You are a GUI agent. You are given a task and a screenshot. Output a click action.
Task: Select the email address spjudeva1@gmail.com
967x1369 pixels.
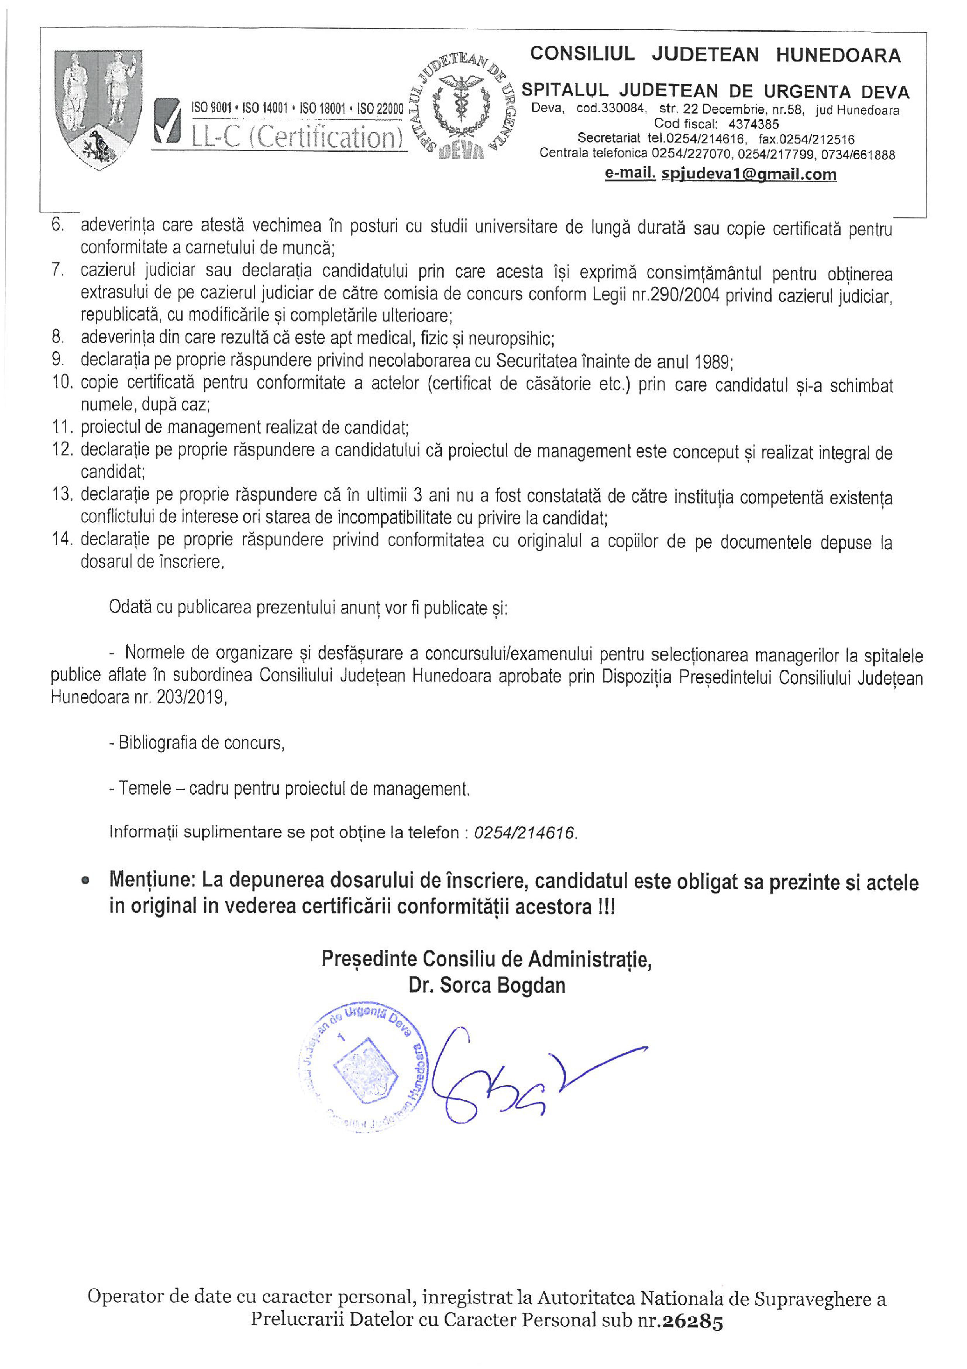click(x=749, y=174)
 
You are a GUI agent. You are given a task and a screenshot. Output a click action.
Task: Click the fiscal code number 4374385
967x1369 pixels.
click(x=754, y=124)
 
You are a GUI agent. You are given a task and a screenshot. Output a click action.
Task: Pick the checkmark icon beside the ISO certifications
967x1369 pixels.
click(x=167, y=122)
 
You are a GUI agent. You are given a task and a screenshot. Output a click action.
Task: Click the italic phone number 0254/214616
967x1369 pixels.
click(x=524, y=832)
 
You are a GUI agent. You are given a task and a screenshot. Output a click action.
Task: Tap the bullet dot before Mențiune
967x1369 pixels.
click(x=86, y=880)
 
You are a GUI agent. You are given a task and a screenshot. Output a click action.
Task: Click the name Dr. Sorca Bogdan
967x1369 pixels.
click(x=487, y=986)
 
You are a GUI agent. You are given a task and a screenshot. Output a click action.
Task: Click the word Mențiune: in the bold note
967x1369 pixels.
click(x=152, y=881)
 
